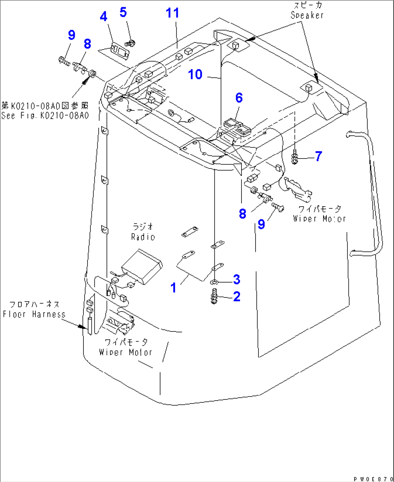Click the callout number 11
[172, 13]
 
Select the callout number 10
[195, 75]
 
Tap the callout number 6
[239, 98]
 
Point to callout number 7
[318, 156]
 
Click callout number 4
[104, 17]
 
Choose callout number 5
[123, 12]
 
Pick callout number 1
[174, 288]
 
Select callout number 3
[236, 279]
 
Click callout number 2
[237, 297]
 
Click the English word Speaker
[307, 15]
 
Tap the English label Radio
[143, 237]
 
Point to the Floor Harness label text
[34, 314]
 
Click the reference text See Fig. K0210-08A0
[45, 116]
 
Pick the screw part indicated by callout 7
[295, 158]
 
